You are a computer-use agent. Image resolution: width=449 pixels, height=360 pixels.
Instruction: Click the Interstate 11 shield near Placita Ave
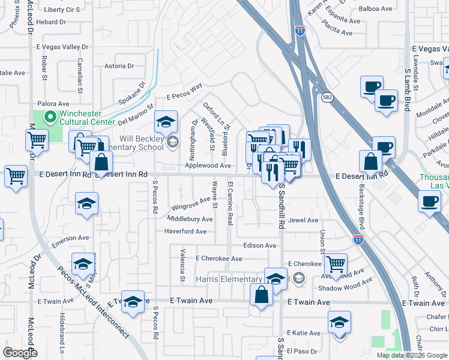(x=298, y=32)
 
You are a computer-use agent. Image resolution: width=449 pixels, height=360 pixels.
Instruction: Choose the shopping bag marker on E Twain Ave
(x=261, y=295)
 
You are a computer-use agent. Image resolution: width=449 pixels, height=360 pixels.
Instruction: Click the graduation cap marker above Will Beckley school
(x=165, y=122)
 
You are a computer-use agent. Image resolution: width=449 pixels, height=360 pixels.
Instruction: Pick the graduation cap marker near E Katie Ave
(x=339, y=322)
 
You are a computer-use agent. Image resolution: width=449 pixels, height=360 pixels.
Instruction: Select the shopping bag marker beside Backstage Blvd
(x=371, y=161)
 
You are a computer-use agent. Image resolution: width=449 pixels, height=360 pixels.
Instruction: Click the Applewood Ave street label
(x=208, y=166)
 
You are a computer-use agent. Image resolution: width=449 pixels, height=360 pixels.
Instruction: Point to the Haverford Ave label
(x=186, y=232)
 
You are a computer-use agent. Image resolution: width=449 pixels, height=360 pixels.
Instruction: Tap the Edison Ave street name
(x=260, y=245)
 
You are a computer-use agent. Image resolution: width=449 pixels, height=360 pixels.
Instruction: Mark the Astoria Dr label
(x=119, y=66)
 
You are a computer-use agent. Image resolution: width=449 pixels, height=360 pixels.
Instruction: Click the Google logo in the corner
(x=20, y=352)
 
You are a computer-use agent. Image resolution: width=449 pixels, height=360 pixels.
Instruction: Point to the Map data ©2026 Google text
(x=412, y=355)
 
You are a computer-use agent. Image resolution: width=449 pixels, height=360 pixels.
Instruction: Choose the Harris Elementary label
(x=230, y=280)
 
